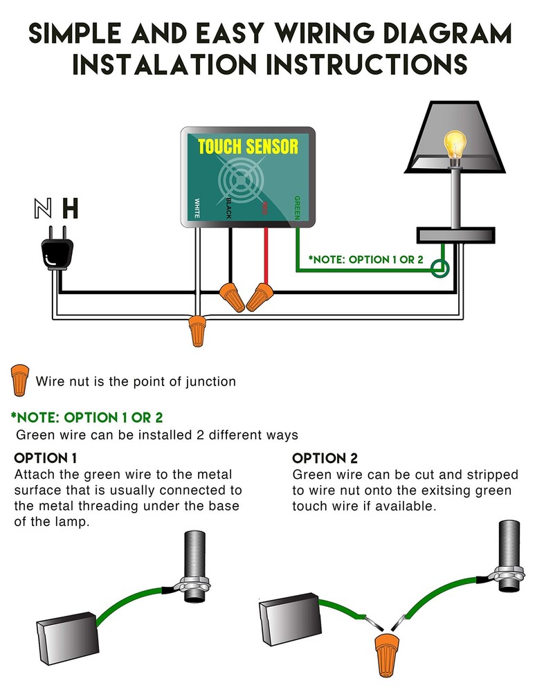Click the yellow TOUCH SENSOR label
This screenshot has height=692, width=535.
point(248,147)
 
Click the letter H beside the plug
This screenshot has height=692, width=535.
point(71,208)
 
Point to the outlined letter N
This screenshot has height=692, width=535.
point(43,208)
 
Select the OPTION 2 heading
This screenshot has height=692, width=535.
point(325,458)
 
